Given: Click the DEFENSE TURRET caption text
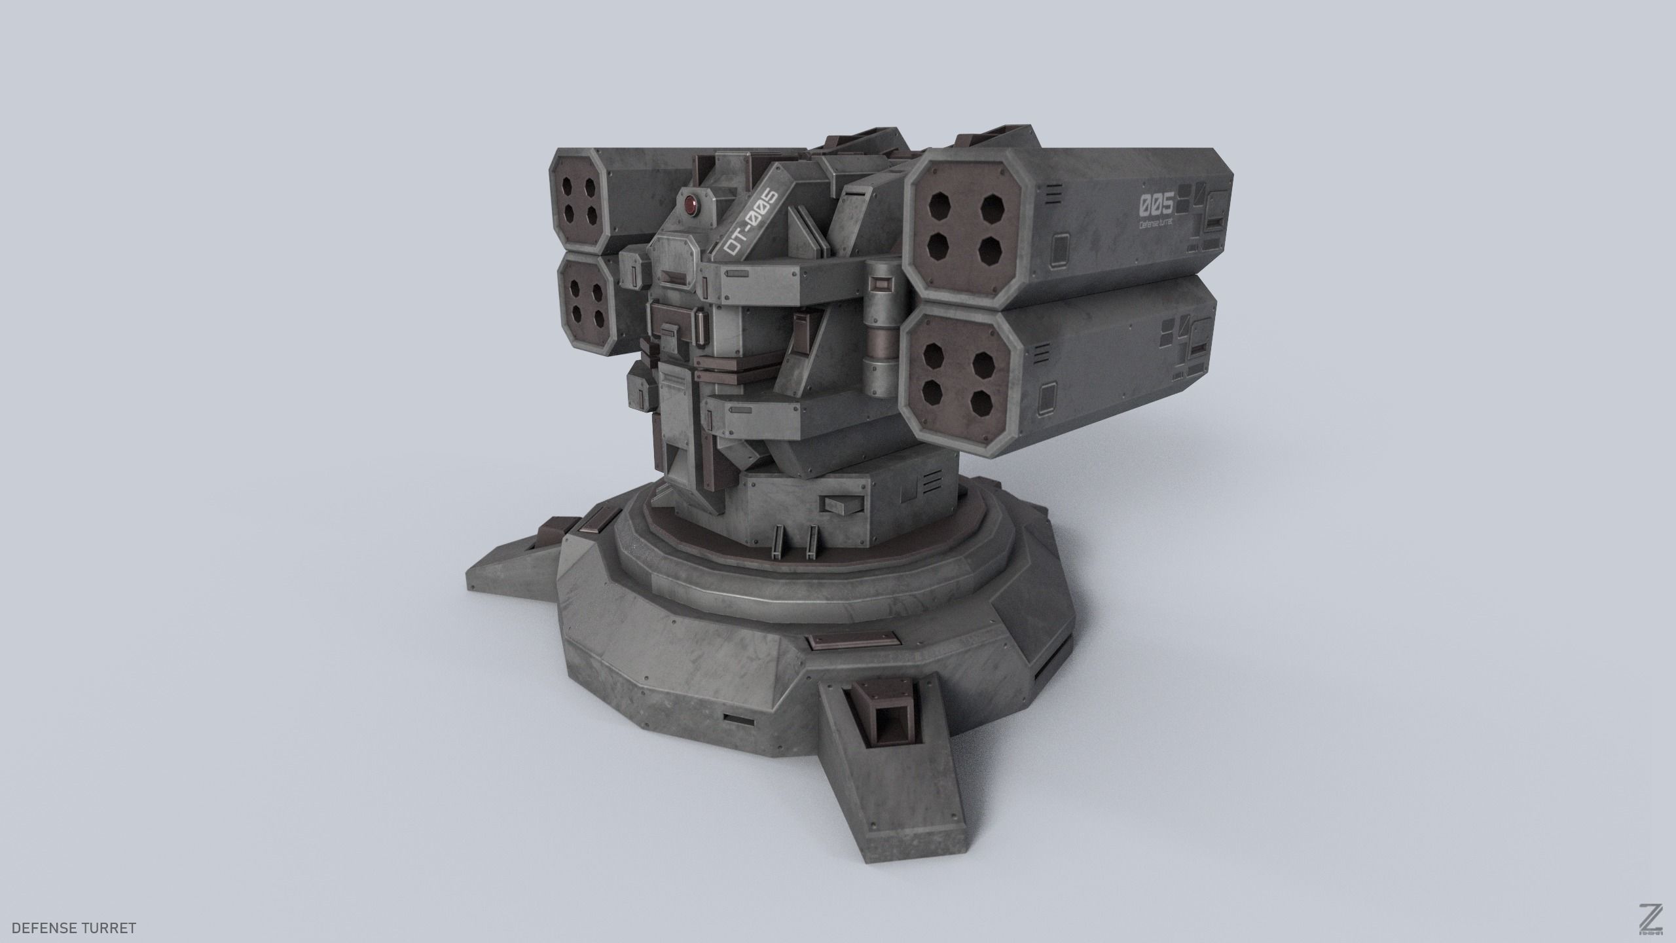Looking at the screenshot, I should click(x=74, y=910).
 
